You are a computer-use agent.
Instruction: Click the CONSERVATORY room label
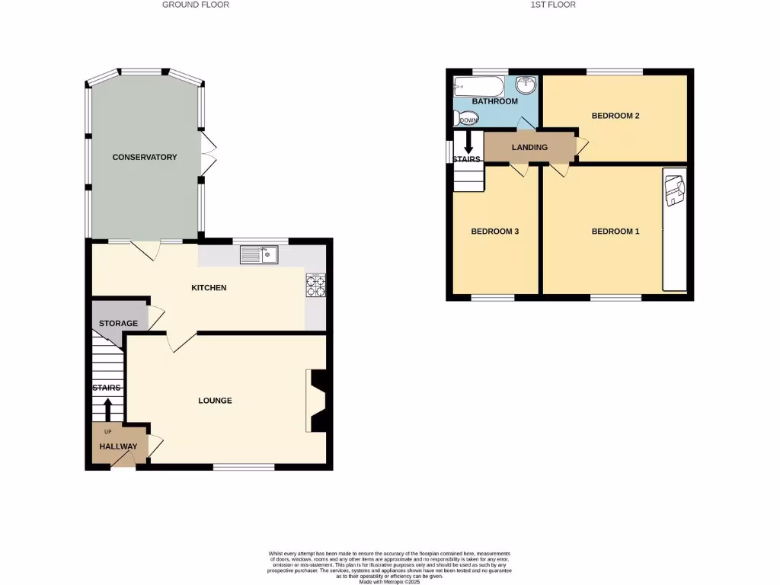[x=145, y=157]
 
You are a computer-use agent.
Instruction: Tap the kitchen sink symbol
[x=260, y=254]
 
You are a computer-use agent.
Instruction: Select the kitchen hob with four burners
[x=315, y=285]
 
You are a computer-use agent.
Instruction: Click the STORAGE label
[x=118, y=323]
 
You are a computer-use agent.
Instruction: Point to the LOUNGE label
[x=215, y=400]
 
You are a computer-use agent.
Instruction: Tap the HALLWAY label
[x=118, y=447]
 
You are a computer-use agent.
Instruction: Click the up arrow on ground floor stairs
[x=107, y=409]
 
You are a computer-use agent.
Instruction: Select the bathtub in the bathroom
[x=478, y=85]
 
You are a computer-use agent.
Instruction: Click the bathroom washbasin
[x=525, y=84]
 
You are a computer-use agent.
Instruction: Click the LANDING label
[x=529, y=147]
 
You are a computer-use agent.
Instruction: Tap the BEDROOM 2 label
[x=615, y=116]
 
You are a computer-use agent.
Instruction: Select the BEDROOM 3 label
[x=494, y=232]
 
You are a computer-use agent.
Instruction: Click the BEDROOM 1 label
[x=615, y=232]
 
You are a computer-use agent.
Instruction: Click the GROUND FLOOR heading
[x=196, y=5]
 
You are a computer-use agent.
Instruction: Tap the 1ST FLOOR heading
[x=553, y=5]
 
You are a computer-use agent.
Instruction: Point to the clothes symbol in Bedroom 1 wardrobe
[x=674, y=192]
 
